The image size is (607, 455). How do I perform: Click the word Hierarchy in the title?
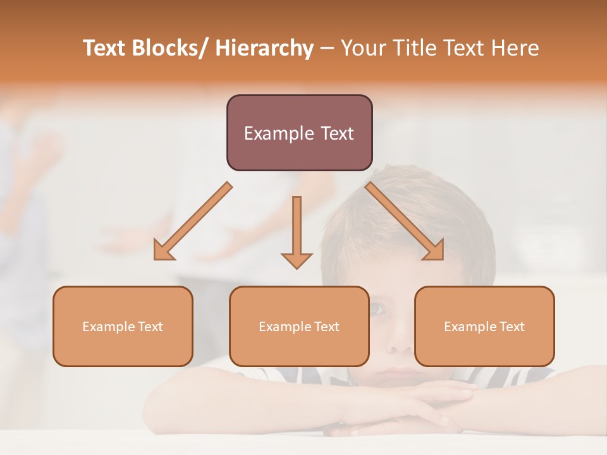264,49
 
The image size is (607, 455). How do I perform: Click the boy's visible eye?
377,309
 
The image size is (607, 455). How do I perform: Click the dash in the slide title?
328,49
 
